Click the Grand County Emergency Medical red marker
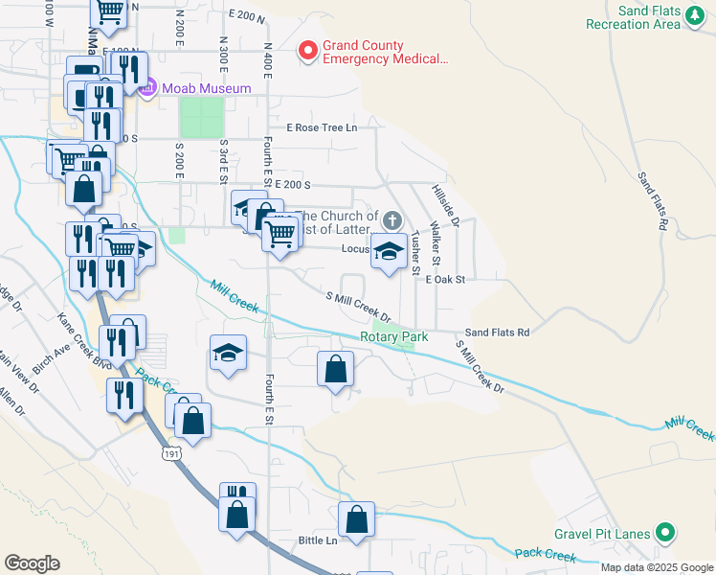[x=308, y=51]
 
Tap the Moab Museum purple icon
[x=146, y=89]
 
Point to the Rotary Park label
[x=393, y=336]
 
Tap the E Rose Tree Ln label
[x=321, y=127]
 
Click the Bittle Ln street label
[x=318, y=540]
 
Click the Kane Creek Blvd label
[x=85, y=341]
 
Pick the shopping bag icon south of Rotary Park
[x=336, y=370]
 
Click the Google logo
[x=33, y=563]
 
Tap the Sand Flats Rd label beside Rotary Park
[x=497, y=333]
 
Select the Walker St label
[x=435, y=244]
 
